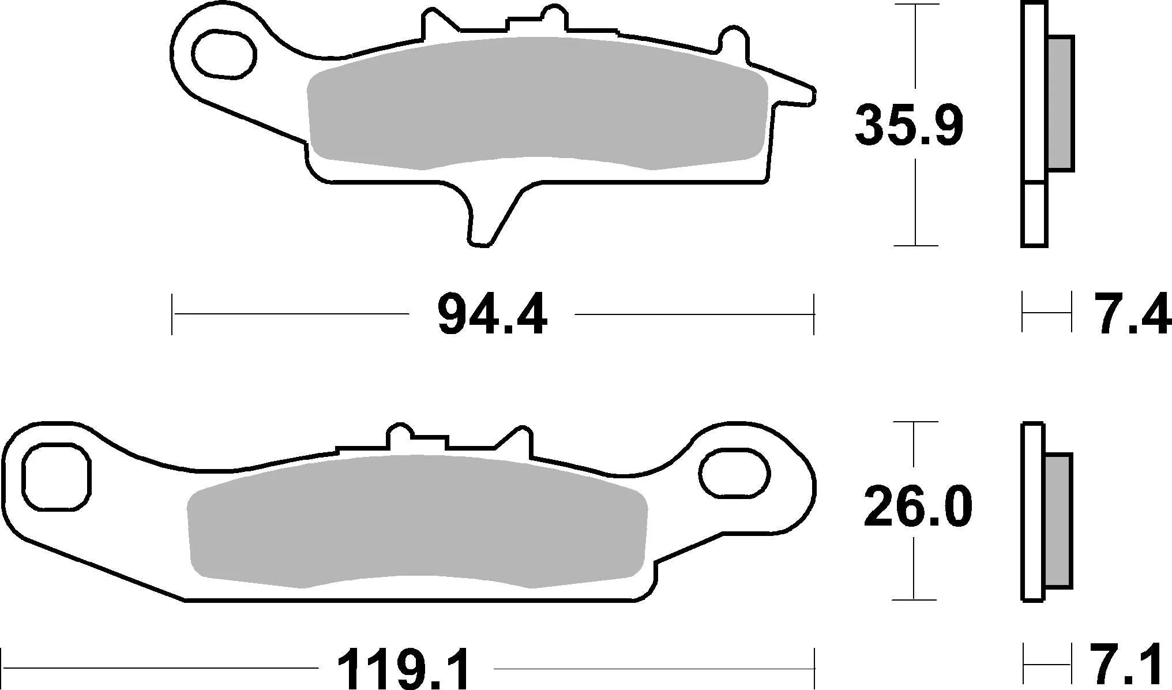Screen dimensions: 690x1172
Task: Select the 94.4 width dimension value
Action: click(x=492, y=315)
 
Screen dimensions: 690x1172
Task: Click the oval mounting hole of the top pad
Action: click(x=223, y=54)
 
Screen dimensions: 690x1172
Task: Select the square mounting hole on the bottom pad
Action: click(x=56, y=477)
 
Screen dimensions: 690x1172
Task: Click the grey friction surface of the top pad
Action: click(x=536, y=104)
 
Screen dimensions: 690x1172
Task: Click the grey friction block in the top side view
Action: click(x=1060, y=104)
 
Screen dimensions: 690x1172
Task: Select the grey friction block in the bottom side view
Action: click(x=1057, y=519)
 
